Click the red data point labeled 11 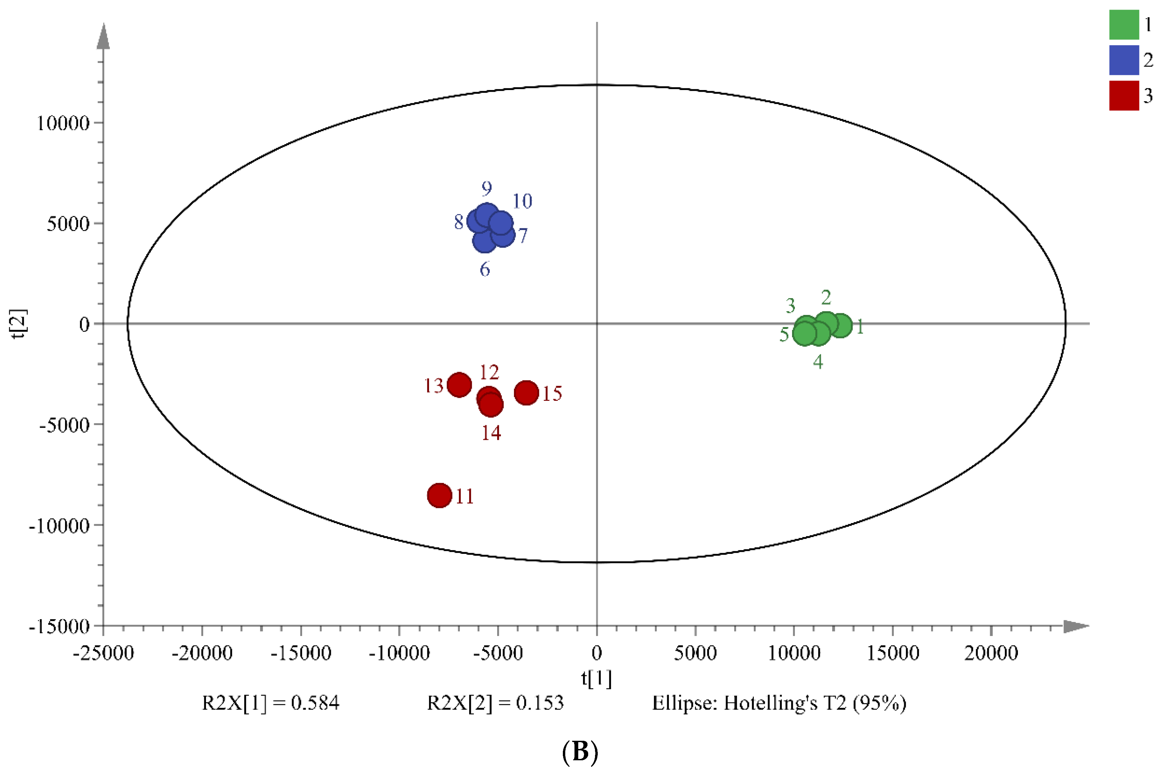439,495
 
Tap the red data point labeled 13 459,384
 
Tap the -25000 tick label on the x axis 103,653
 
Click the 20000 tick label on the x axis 991,653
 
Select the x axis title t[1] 596,678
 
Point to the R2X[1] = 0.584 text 270,703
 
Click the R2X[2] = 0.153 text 495,703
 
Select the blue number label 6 484,269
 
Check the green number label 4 818,362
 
